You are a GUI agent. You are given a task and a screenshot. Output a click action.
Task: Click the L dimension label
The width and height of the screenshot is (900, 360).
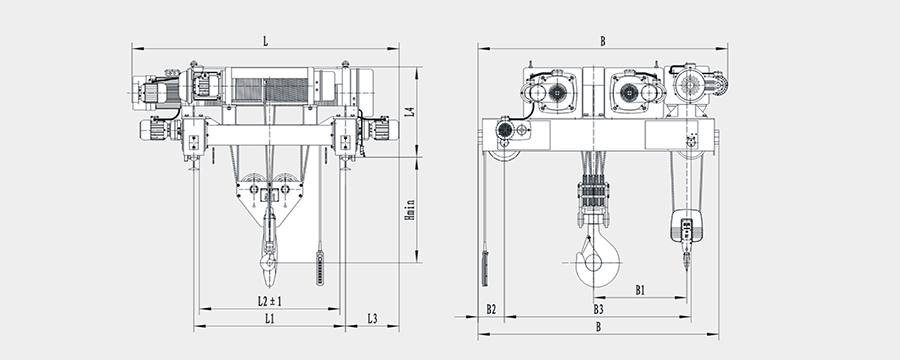pos(265,41)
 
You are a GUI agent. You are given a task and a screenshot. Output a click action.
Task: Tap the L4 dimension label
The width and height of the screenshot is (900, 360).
pos(409,112)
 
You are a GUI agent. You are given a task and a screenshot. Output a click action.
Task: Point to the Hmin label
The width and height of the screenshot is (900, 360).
pos(409,210)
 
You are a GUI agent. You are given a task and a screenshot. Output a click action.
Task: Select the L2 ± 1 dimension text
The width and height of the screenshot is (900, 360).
pos(270,301)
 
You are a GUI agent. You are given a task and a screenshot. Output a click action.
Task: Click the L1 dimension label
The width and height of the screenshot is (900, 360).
pos(269,319)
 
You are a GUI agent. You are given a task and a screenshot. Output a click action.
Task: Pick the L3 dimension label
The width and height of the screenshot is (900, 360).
pos(372,319)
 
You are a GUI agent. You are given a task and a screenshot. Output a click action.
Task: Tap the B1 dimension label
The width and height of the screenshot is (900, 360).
pos(640,291)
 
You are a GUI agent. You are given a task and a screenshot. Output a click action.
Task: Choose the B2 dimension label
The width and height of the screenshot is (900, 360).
pos(491,309)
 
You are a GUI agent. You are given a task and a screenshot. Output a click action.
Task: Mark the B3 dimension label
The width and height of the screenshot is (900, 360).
pos(598,309)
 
